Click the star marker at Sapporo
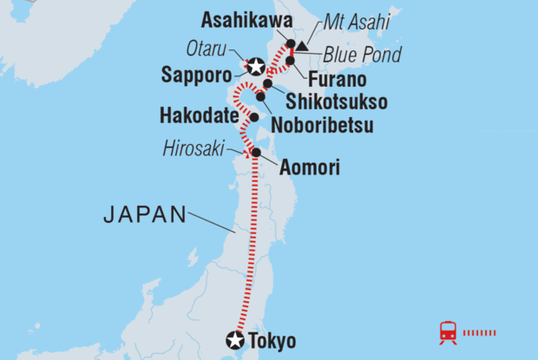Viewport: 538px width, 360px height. coord(255,66)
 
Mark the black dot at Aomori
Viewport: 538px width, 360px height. coord(255,154)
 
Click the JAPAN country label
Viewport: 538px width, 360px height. coord(145,214)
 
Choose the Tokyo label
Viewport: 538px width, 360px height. coord(272,340)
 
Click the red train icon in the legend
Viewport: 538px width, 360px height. coord(449,331)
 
